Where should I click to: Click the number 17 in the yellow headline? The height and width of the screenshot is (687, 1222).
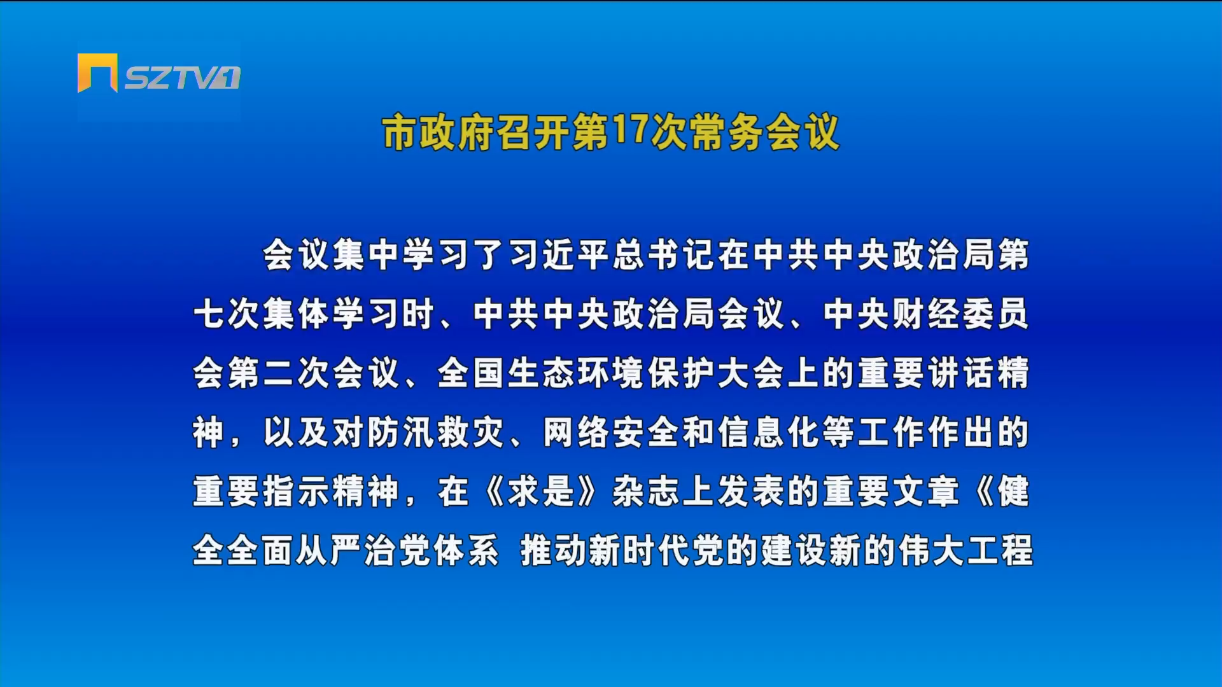(630, 130)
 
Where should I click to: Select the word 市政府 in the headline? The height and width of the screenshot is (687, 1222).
(439, 133)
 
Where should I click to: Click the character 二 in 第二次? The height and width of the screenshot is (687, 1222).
(278, 373)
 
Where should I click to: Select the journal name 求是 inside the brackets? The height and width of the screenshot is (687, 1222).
(541, 492)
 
